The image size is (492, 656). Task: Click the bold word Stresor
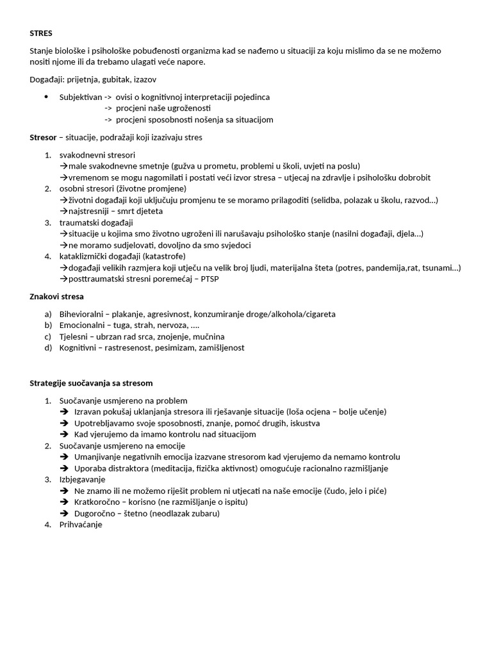pos(44,137)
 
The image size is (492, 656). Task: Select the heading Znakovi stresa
pos(56,297)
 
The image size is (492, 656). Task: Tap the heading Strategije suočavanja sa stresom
pos(91,383)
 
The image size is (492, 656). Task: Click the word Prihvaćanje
pos(81,525)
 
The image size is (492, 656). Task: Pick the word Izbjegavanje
pos(83,479)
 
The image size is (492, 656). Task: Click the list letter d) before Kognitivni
pos(48,348)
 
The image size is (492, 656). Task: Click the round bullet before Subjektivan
pos(46,97)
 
